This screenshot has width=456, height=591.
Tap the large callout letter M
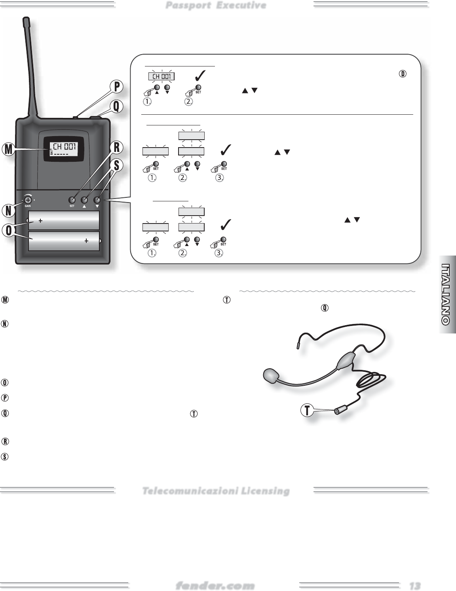pos(7,150)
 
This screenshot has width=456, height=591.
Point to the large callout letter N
pos(8,210)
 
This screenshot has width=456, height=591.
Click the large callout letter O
pos(7,231)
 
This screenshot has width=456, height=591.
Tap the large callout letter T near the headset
pos(306,411)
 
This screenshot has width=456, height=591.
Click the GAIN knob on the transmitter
pos(28,200)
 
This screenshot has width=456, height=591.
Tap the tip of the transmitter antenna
pos(26,20)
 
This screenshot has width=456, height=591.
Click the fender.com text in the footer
pos(215,585)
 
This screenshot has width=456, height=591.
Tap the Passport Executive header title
pos(216,5)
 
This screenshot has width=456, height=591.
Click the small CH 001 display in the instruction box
pos(161,76)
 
